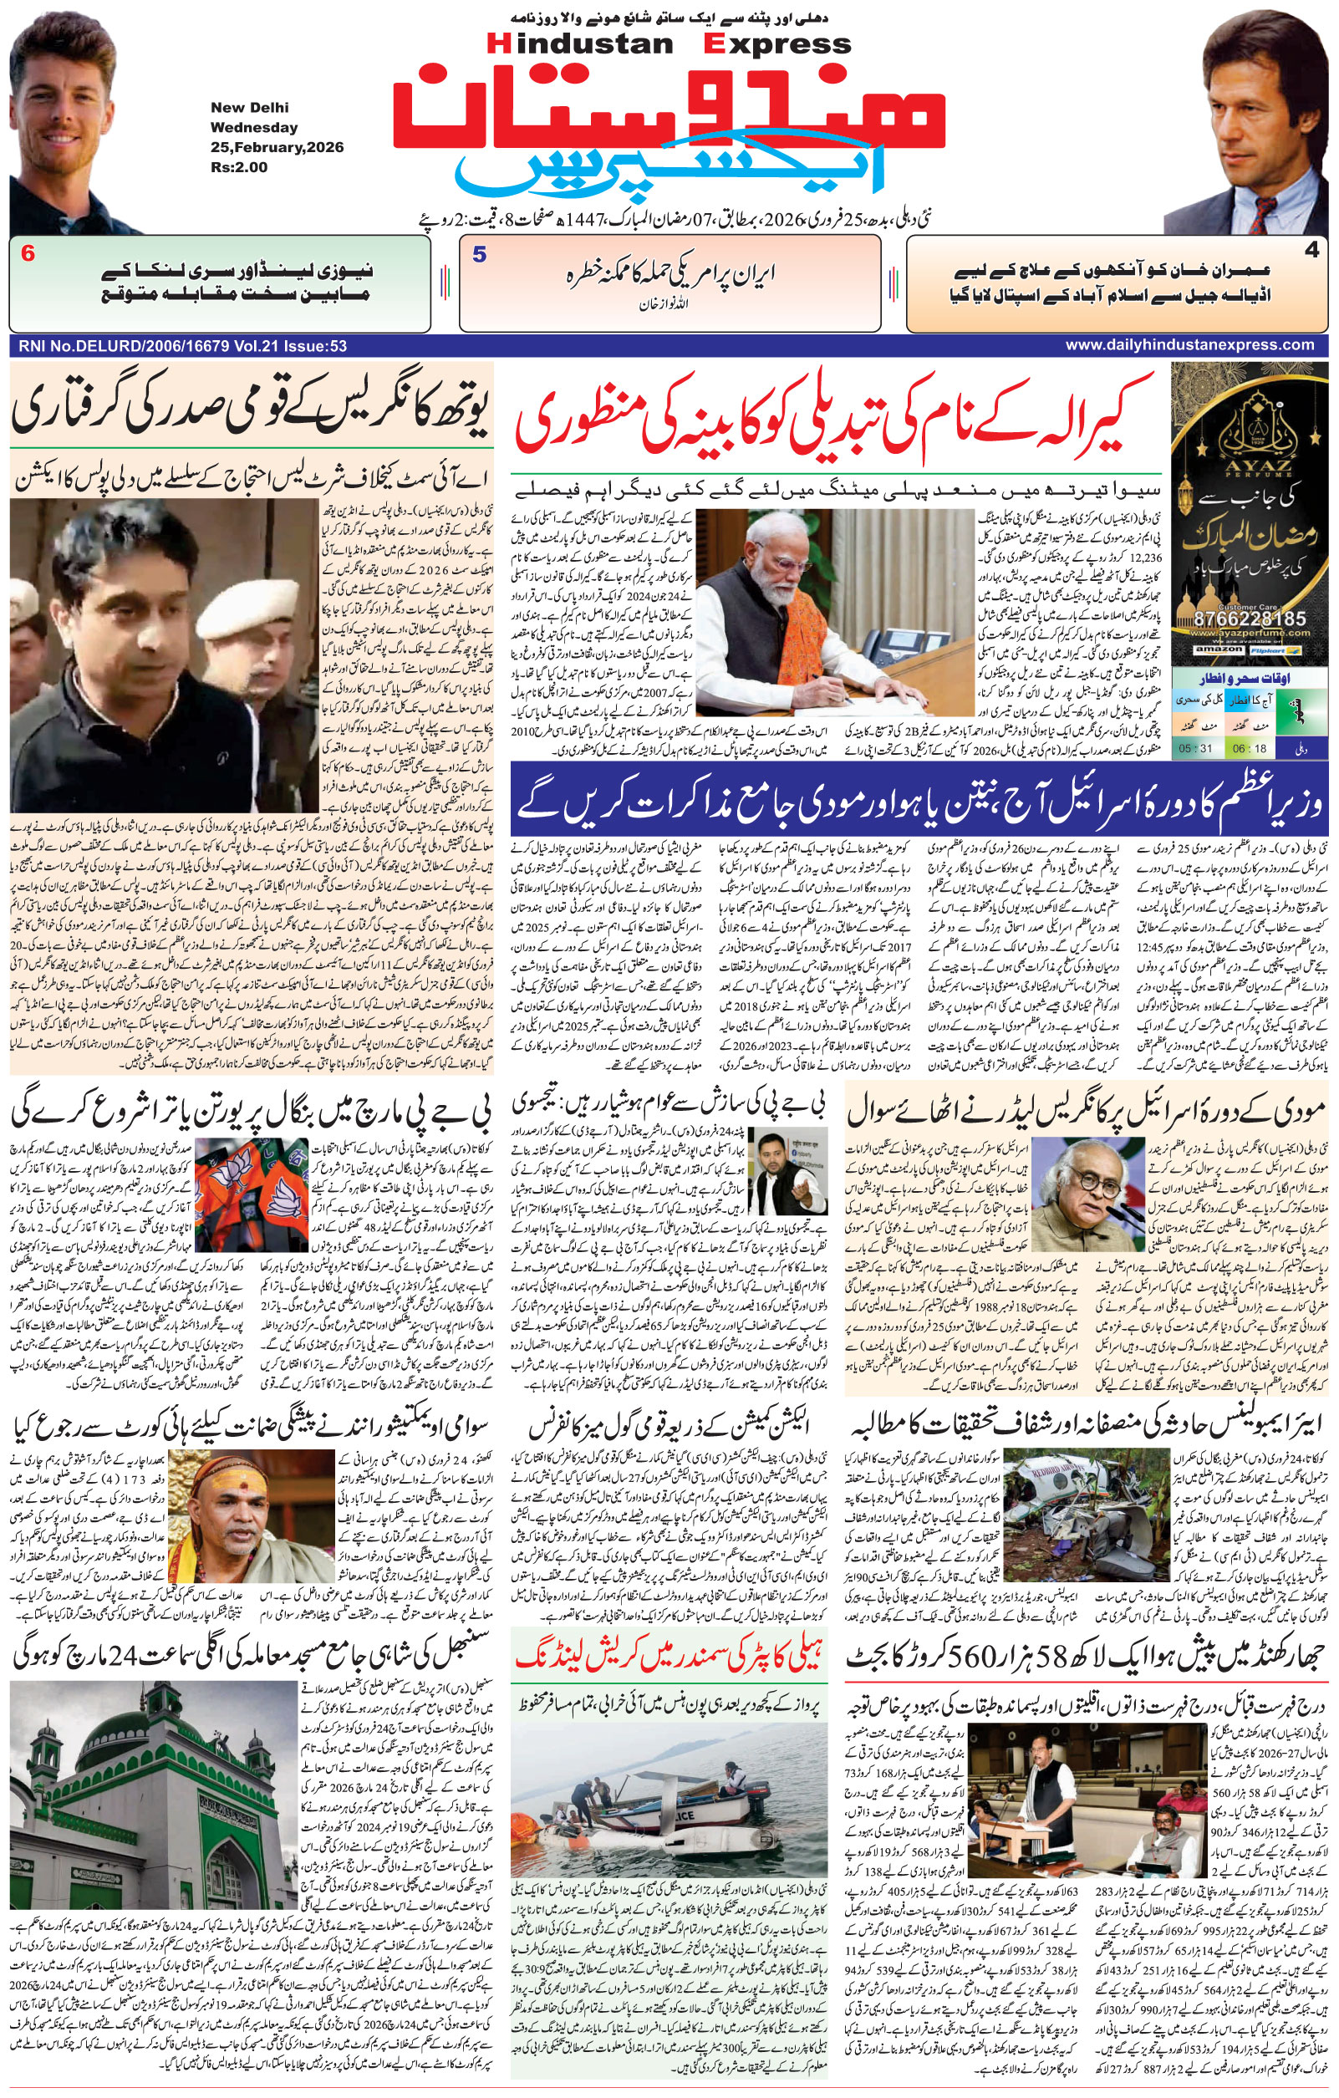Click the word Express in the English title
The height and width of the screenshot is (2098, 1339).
point(779,43)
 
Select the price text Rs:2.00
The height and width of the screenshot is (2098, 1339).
point(239,167)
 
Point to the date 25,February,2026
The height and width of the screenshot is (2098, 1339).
point(276,147)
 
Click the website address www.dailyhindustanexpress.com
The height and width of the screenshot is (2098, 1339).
point(1189,345)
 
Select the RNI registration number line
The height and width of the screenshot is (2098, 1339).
point(181,346)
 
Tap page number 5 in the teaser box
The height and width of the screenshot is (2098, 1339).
point(479,255)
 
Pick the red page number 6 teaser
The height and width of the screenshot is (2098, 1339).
point(28,254)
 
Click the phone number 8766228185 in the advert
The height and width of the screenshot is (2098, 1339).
point(1251,619)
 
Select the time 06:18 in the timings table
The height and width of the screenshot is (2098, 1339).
point(1250,747)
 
